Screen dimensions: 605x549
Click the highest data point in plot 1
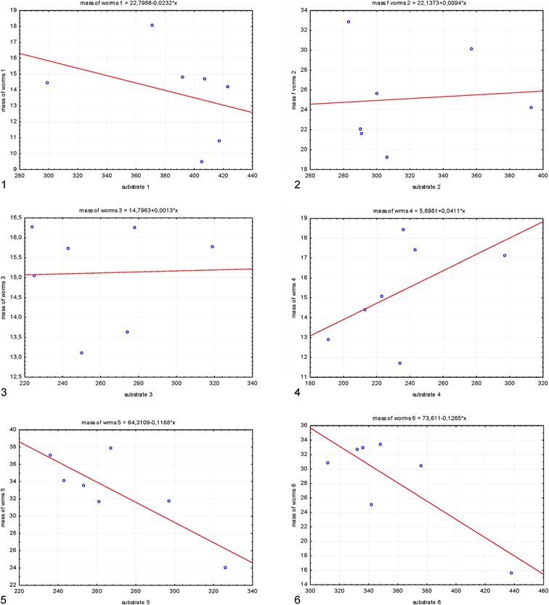click(152, 25)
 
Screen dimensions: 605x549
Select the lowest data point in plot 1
click(201, 162)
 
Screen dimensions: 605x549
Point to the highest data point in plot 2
click(349, 22)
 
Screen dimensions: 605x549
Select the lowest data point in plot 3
click(81, 353)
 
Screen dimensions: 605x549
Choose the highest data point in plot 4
click(403, 230)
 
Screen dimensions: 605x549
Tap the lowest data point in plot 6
click(511, 573)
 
